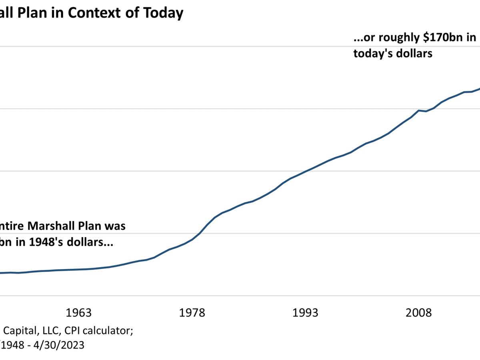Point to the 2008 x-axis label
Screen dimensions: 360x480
[x=419, y=312]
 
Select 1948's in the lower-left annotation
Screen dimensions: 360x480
[x=41, y=242]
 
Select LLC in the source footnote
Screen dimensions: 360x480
[x=43, y=331]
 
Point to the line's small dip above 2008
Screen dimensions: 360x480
[x=426, y=111]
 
